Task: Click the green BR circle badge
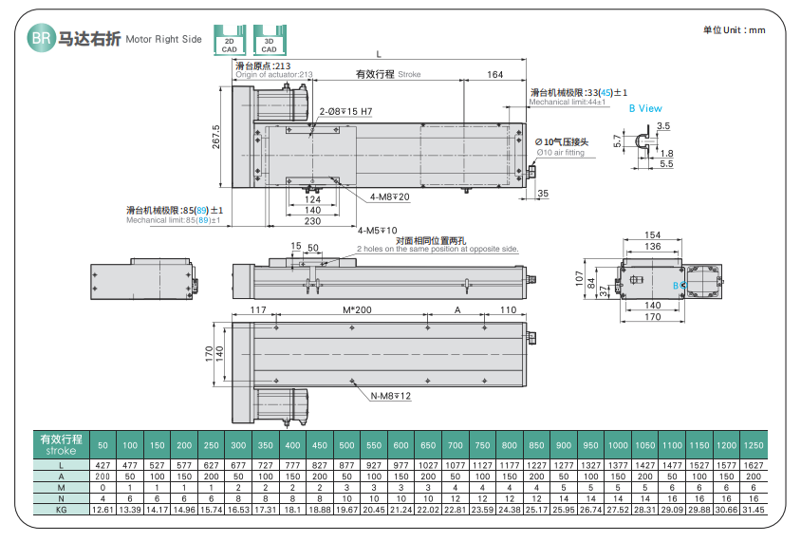(40, 39)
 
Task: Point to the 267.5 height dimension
(216, 137)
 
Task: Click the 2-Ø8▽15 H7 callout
(345, 112)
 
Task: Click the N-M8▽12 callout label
(390, 396)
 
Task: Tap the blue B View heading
(645, 108)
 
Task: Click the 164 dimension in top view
(494, 74)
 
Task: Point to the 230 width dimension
(312, 220)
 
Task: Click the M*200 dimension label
(357, 310)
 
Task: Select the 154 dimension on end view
(652, 234)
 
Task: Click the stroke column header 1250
(754, 445)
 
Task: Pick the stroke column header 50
(102, 445)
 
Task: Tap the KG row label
(60, 510)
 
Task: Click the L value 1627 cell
(754, 464)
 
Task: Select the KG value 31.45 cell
(754, 510)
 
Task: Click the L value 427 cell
(102, 464)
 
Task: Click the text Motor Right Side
(163, 40)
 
